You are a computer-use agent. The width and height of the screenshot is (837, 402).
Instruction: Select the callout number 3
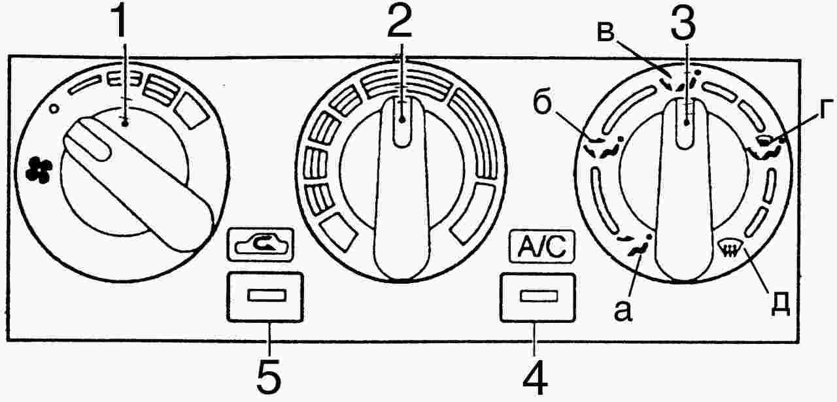pyautogui.click(x=683, y=22)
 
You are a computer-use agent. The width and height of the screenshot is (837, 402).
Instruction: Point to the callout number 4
pyautogui.click(x=535, y=377)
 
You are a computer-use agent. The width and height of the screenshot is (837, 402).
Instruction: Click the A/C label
pyautogui.click(x=541, y=246)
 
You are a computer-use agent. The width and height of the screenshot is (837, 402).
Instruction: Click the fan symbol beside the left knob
pyautogui.click(x=39, y=171)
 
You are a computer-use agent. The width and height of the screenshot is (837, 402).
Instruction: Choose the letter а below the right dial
pyautogui.click(x=623, y=311)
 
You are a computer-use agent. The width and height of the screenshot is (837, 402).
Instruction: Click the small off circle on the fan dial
pyautogui.click(x=54, y=109)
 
